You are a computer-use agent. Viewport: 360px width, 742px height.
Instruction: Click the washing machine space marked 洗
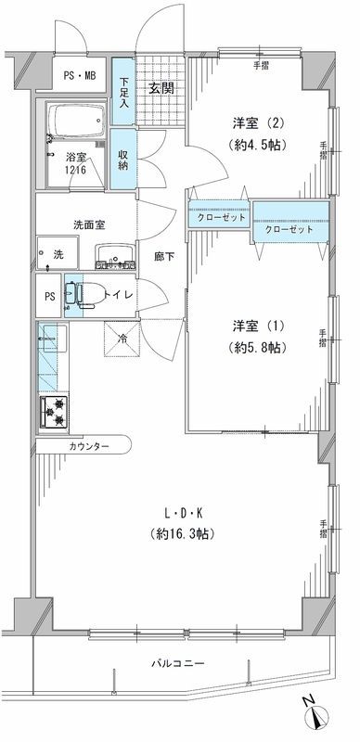(57, 254)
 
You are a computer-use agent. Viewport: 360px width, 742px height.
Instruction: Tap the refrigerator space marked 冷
(122, 338)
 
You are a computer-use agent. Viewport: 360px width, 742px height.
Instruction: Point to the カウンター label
(88, 447)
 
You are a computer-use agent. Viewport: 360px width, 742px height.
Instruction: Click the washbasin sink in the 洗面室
(115, 253)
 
